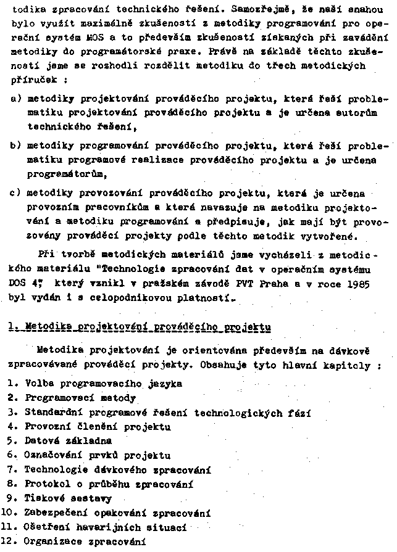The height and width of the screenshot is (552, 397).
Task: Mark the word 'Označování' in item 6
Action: click(x=52, y=455)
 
